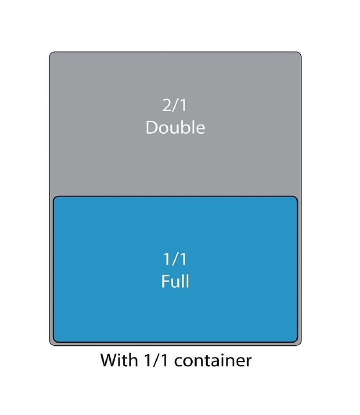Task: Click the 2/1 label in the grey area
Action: click(x=174, y=105)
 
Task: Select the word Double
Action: click(x=176, y=127)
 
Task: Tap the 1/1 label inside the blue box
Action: click(x=175, y=259)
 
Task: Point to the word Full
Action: click(x=175, y=281)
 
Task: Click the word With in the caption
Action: click(x=119, y=360)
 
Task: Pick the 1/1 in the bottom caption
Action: click(x=156, y=360)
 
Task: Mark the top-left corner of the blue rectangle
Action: click(x=54, y=196)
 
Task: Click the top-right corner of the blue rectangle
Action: click(x=297, y=196)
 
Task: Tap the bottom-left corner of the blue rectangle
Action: click(x=54, y=342)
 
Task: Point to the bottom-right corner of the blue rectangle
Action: click(x=297, y=342)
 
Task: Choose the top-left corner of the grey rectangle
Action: click(x=50, y=53)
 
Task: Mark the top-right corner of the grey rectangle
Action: click(x=301, y=53)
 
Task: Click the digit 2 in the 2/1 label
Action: click(x=167, y=105)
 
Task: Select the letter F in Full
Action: click(x=165, y=281)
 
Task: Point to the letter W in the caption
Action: click(x=110, y=360)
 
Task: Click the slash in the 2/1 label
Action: click(x=175, y=105)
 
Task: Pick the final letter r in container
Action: click(x=248, y=362)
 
